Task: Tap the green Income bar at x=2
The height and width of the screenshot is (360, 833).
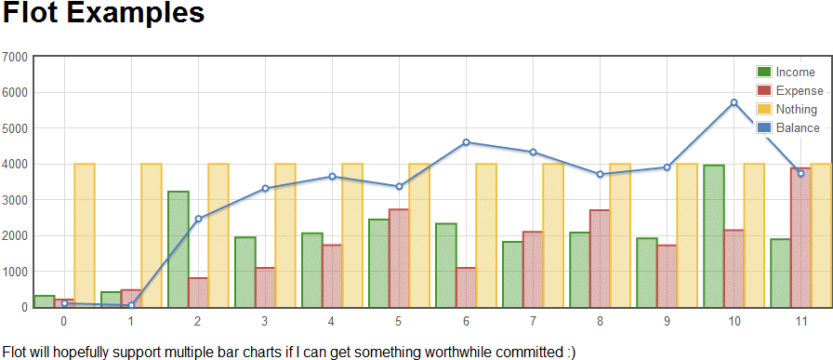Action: pyautogui.click(x=178, y=248)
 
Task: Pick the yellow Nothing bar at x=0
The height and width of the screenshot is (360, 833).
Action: pyautogui.click(x=85, y=234)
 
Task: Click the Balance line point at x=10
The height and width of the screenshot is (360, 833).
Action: pyautogui.click(x=734, y=102)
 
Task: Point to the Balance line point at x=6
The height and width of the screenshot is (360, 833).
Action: pyautogui.click(x=466, y=142)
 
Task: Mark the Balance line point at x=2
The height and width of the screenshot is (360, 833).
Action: pyautogui.click(x=198, y=219)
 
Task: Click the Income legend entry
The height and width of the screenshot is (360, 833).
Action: pyautogui.click(x=790, y=73)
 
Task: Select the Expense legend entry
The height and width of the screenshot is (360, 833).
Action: pyautogui.click(x=790, y=91)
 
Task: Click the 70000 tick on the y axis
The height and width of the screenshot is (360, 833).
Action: pyautogui.click(x=16, y=58)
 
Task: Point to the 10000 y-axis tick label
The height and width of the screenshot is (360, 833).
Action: pyautogui.click(x=16, y=272)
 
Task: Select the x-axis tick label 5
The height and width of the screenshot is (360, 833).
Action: pyautogui.click(x=399, y=321)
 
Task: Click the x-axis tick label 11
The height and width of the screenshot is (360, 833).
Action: pyautogui.click(x=800, y=321)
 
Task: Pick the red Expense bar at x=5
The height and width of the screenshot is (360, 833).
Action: pyautogui.click(x=399, y=258)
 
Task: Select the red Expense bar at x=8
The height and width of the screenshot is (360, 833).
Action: pyautogui.click(x=600, y=258)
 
